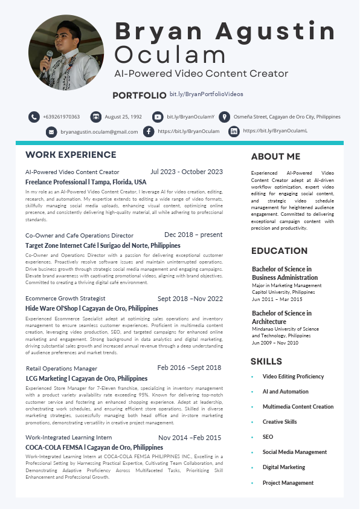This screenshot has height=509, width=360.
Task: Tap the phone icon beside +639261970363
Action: tap(34, 117)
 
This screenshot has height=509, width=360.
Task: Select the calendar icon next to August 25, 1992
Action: tap(94, 117)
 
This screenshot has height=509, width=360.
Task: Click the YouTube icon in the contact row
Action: tap(158, 117)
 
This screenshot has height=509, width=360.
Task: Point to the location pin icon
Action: tap(223, 117)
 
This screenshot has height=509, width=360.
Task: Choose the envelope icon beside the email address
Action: tap(51, 131)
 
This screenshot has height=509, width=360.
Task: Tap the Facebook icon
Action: tap(149, 131)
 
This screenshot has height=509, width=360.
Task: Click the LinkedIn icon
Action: tap(234, 131)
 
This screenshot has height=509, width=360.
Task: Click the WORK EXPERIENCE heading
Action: tap(71, 155)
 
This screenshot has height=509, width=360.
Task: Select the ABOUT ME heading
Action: tap(275, 157)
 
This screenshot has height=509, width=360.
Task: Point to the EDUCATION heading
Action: tap(279, 251)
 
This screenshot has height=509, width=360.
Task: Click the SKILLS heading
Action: tap(266, 361)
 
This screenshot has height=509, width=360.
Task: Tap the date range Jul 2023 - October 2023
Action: tap(187, 172)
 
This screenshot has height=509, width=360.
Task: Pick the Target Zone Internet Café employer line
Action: tap(103, 245)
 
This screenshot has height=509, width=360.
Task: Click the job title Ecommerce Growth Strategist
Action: tap(65, 298)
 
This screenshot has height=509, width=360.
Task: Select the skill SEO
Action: tap(268, 437)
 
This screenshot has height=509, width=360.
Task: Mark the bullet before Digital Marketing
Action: tap(252, 467)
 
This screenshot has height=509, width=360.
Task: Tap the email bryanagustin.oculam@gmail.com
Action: tap(99, 131)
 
